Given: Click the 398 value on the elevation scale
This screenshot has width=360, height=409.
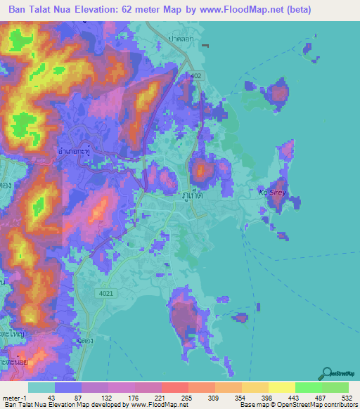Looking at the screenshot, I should pyautogui.click(x=266, y=398).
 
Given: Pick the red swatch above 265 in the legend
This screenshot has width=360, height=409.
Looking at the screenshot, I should pyautogui.click(x=174, y=387).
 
